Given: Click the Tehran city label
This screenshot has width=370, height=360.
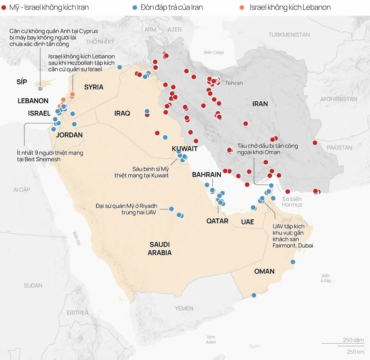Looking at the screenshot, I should (x=234, y=83).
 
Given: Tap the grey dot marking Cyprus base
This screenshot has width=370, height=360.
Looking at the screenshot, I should (x=40, y=89).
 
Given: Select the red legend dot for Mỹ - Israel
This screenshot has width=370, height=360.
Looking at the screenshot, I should (x=4, y=8).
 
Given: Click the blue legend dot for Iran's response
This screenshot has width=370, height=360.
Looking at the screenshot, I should (x=135, y=8).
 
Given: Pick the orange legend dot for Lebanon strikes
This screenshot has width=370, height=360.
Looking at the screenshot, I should (x=242, y=8).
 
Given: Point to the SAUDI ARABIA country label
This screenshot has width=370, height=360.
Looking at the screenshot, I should (x=160, y=249).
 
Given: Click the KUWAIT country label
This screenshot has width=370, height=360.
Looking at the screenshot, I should (x=185, y=149).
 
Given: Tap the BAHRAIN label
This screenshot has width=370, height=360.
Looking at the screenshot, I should (x=207, y=175).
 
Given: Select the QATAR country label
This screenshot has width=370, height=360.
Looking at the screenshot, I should (x=217, y=221).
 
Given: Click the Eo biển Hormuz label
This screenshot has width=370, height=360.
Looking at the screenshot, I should (x=292, y=202).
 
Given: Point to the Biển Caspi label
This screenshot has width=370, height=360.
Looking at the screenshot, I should (x=214, y=52).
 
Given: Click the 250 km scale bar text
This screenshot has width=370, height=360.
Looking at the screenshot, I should (x=355, y=352).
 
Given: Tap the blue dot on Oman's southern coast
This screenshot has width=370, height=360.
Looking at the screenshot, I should (x=254, y=295).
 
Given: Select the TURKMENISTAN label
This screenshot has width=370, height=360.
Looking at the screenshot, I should (x=289, y=35).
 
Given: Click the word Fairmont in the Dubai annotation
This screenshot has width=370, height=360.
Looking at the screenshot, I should (x=284, y=246).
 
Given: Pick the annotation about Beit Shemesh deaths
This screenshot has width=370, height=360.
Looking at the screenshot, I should (x=50, y=156).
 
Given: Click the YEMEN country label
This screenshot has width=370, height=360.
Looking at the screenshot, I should (x=184, y=308).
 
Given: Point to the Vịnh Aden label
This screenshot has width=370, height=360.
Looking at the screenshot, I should (x=211, y=340).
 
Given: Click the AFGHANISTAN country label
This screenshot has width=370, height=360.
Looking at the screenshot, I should (x=338, y=99).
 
